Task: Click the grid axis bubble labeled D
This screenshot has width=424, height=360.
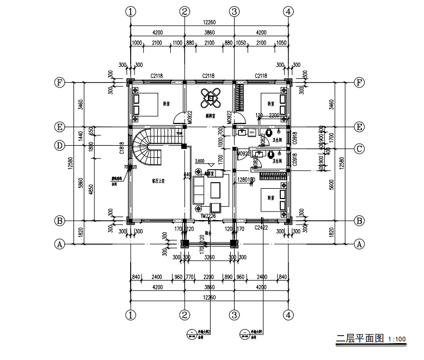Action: [x=60, y=145]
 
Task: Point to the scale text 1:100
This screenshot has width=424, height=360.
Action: [x=396, y=340]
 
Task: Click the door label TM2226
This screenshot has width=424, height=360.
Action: [x=208, y=217]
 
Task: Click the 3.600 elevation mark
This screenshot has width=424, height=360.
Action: [x=200, y=162]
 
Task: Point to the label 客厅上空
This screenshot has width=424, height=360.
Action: [x=158, y=182]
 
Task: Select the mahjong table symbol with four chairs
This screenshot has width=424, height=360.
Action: [x=210, y=98]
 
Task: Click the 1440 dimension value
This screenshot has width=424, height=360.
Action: [x=81, y=136]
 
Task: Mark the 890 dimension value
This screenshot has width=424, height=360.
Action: [x=228, y=277]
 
